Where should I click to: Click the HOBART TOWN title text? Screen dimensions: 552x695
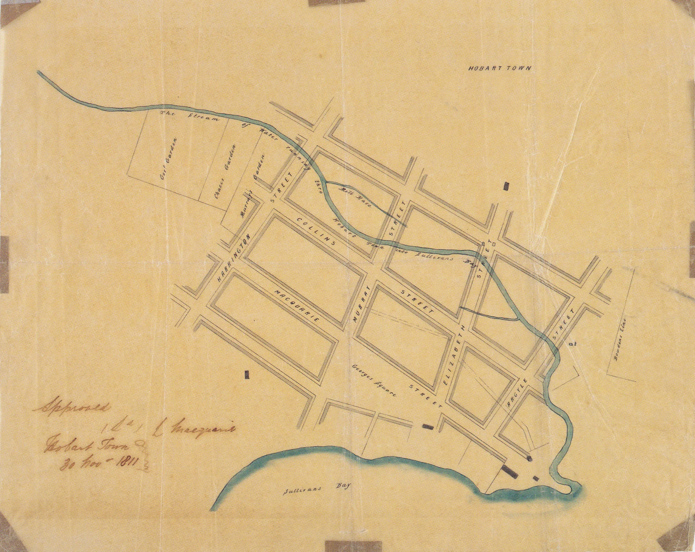(499, 68)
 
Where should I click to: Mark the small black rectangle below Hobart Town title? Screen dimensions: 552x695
(506, 186)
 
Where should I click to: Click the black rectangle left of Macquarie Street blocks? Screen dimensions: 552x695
(247, 374)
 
